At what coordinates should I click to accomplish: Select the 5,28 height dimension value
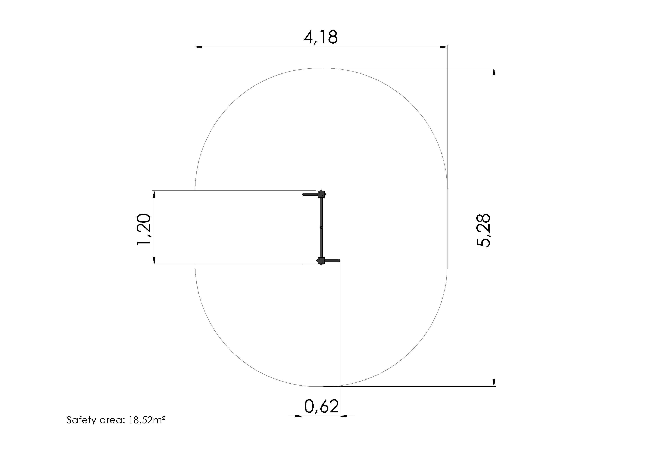(x=484, y=231)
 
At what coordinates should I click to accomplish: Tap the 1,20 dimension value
(x=144, y=230)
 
